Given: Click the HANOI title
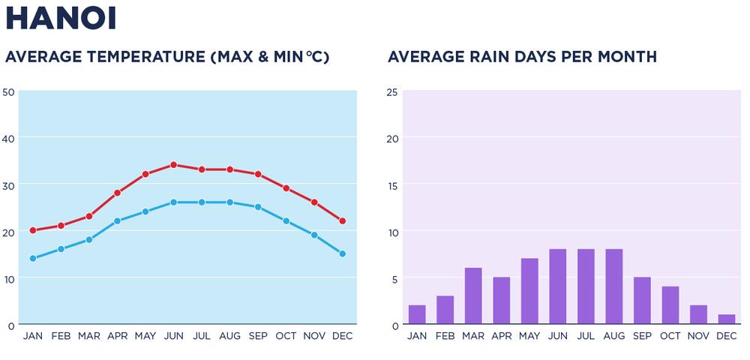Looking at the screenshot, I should click(61, 19).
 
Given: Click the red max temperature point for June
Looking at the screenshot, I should click(173, 165).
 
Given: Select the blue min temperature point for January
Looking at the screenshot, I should click(33, 259).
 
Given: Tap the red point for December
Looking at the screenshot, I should click(342, 221).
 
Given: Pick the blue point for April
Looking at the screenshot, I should click(117, 221).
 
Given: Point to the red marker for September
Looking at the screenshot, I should click(258, 174).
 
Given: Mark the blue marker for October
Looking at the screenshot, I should click(286, 221).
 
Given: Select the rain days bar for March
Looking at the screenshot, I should click(473, 296).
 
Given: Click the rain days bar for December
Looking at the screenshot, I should click(726, 319).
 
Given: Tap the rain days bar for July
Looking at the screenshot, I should click(586, 287).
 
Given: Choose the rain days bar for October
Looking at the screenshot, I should click(670, 305).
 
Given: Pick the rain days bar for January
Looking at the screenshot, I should click(417, 315).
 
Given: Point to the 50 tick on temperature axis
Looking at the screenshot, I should click(9, 92).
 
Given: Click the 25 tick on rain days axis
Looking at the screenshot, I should click(391, 92).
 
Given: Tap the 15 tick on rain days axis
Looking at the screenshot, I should click(391, 185).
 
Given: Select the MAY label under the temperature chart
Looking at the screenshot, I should click(145, 336).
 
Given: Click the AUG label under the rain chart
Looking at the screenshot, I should click(613, 336).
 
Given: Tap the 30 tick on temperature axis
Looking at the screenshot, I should click(9, 185).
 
